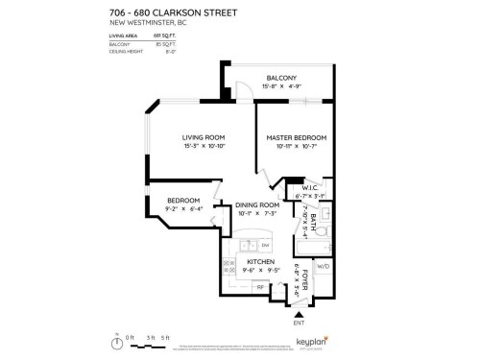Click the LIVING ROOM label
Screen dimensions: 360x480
203,137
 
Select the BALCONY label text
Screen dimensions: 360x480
281,78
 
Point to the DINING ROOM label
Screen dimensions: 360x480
257,204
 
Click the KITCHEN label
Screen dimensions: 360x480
260,261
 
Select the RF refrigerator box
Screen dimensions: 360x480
259,286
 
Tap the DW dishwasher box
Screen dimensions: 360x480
264,246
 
